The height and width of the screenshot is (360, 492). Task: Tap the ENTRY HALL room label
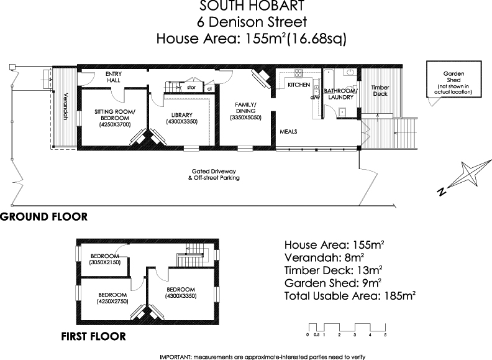coord(114,76)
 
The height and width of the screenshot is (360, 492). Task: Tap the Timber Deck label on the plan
coord(380,91)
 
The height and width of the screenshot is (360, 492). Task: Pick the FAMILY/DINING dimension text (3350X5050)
coord(245,118)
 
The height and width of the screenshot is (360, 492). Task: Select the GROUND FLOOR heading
coord(43,217)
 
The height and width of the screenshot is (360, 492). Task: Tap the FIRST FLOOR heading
coord(93,337)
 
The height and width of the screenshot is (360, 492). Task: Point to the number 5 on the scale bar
coord(385,335)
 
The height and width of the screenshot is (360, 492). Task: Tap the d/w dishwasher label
coord(314,98)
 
